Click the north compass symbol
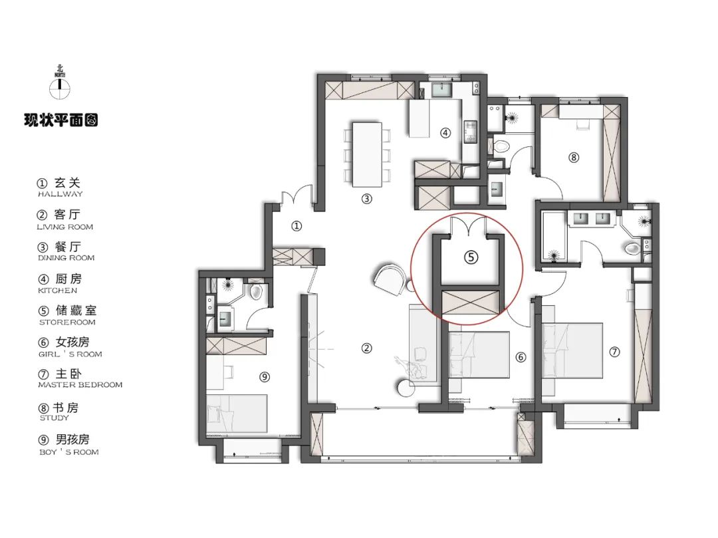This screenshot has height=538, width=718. [x=60, y=85]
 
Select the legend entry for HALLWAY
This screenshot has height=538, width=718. [x=60, y=187]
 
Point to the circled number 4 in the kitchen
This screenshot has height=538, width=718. [x=445, y=132]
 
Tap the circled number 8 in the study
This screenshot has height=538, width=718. [x=574, y=158]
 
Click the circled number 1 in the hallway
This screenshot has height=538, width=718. [x=297, y=226]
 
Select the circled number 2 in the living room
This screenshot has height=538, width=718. [x=366, y=347]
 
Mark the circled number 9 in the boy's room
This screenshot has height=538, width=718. [x=264, y=377]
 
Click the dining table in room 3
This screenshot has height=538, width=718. [x=366, y=154]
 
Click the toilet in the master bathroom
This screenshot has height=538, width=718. [x=632, y=248]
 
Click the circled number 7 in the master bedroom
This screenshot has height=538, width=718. [x=614, y=350]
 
